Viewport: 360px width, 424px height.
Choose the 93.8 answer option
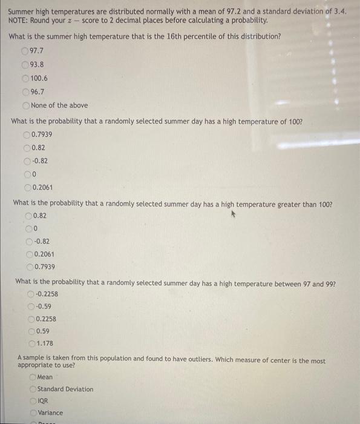[x=25, y=64]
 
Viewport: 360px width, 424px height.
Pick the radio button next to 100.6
[x=25, y=78]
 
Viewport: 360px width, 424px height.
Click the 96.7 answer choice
[x=25, y=92]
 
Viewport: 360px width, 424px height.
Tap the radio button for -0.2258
[x=31, y=294]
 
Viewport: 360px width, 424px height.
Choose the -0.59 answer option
[x=31, y=306]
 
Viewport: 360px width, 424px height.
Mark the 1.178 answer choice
[x=31, y=344]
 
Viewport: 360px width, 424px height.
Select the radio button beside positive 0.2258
[x=31, y=319]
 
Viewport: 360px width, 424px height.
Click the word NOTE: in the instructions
[x=19, y=20]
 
